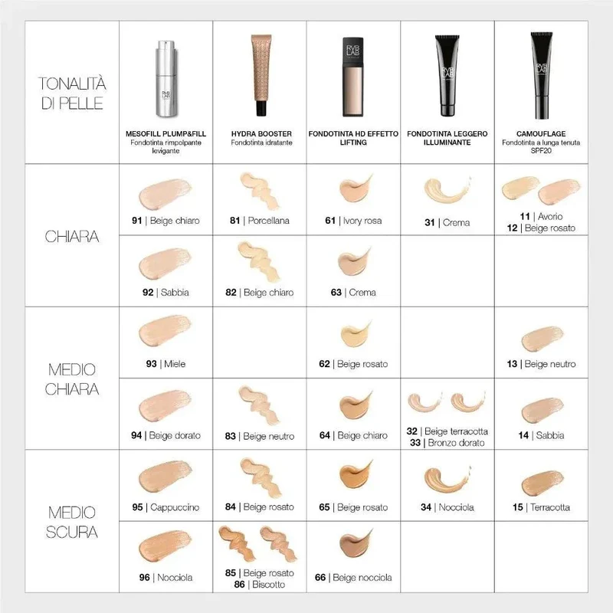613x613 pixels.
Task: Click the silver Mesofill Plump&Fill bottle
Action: (166, 79)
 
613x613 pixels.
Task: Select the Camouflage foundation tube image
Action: (542, 75)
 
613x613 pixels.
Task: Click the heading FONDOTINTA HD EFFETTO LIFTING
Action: (353, 138)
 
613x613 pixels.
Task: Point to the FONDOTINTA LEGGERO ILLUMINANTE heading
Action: (447, 138)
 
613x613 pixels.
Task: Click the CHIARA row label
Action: (72, 237)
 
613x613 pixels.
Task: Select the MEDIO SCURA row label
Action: (72, 522)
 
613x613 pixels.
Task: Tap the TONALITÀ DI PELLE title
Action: (72, 93)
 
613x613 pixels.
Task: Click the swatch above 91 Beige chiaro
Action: (166, 194)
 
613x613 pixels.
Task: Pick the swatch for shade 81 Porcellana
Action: (259, 190)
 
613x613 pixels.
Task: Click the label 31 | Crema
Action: (447, 222)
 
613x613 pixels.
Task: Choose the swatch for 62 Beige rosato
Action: (355, 334)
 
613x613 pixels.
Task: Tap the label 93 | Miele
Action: (166, 364)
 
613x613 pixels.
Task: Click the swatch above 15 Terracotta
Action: (543, 484)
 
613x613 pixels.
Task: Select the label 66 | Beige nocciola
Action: (353, 578)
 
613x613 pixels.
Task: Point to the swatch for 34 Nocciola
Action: (447, 479)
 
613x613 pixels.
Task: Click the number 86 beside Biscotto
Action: (239, 585)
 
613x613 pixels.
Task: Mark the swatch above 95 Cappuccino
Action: (166, 477)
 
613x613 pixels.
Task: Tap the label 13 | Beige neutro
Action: (542, 364)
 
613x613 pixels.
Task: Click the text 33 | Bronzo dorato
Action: (447, 443)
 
